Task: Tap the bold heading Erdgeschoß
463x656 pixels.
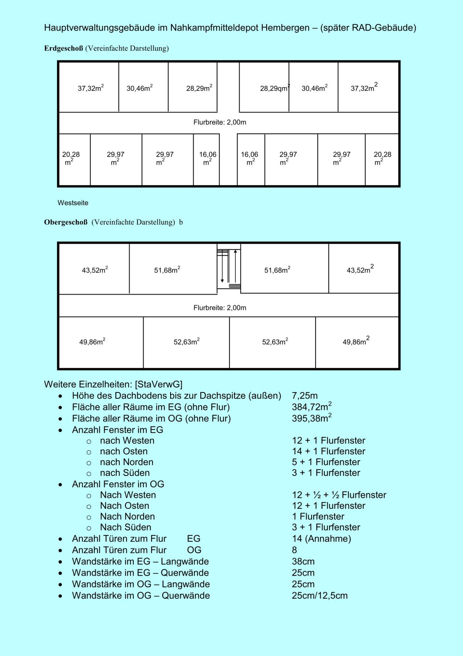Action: tap(63, 48)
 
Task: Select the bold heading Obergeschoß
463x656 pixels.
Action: tap(66, 222)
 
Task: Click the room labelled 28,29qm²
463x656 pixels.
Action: tap(274, 88)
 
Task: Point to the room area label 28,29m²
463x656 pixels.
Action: tap(199, 88)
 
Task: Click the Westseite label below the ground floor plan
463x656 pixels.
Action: tap(73, 203)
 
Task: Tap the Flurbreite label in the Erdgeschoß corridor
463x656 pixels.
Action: tap(220, 122)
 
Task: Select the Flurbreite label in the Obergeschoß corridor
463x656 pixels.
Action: tap(220, 308)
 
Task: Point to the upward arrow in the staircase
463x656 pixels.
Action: tap(235, 267)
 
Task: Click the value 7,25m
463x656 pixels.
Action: tap(305, 396)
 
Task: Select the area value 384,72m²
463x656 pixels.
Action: tap(311, 407)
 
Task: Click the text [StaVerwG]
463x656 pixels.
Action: tap(159, 384)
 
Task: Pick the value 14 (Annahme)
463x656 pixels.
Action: tap(321, 539)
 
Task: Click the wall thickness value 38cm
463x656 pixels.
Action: tap(303, 561)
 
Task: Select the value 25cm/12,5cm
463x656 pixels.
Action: tap(319, 595)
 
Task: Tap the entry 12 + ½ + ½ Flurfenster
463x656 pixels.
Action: tap(339, 495)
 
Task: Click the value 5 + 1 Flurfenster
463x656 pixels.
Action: tap(326, 462)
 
